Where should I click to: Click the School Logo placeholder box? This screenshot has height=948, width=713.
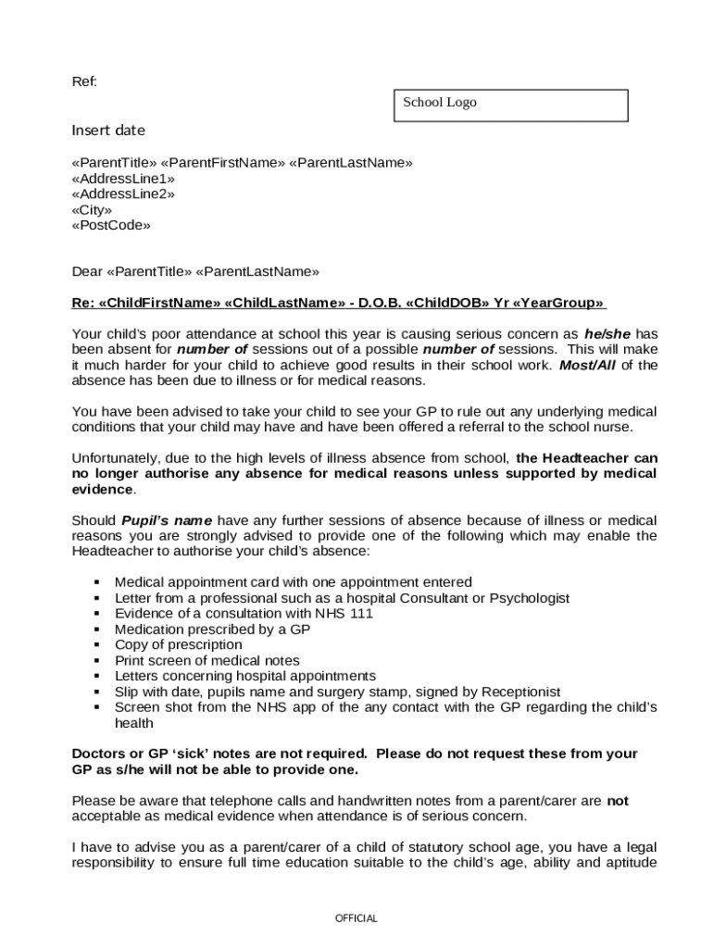point(511,105)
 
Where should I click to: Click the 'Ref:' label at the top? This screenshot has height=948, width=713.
point(84,82)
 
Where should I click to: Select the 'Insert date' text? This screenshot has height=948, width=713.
point(108,131)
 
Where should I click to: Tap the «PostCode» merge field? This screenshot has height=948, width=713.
point(111,225)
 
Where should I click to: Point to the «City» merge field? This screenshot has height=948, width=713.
point(93,209)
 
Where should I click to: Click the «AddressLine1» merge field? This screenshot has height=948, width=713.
point(123,178)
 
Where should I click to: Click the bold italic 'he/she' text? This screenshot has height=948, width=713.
point(607,333)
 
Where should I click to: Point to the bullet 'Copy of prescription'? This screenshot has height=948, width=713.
point(178,644)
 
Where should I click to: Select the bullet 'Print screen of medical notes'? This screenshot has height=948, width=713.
point(206,660)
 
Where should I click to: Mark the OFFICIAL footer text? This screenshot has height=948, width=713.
point(356,918)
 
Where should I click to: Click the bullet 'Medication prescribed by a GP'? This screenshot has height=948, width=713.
point(212,629)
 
